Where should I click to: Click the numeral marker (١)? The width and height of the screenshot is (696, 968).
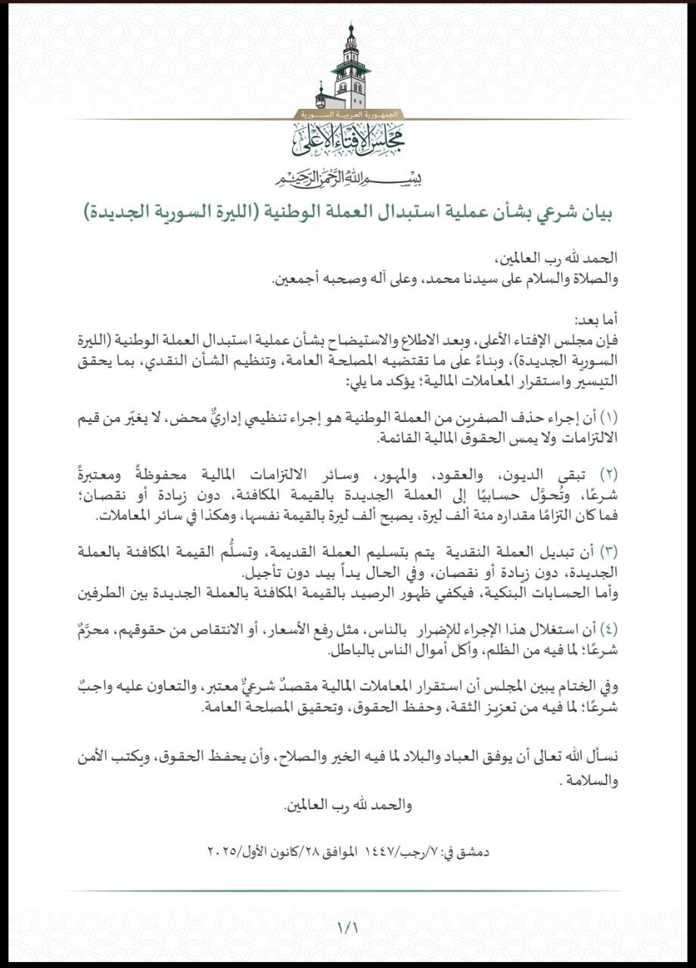609,417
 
